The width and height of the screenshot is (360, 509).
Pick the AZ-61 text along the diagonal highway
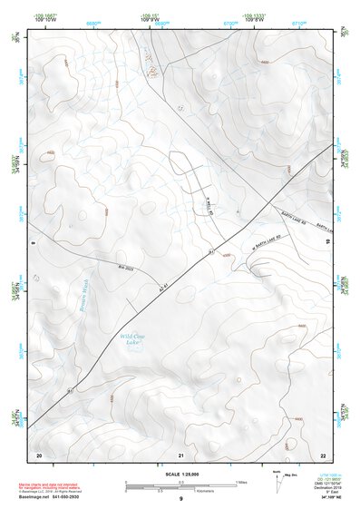point(165,292)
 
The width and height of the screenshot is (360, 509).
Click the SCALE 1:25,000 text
point(182,474)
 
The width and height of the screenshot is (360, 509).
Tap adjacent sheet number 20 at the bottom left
point(39,454)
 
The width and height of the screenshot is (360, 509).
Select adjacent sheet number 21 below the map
point(181,454)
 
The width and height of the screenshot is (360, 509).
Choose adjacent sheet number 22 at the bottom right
point(323,454)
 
